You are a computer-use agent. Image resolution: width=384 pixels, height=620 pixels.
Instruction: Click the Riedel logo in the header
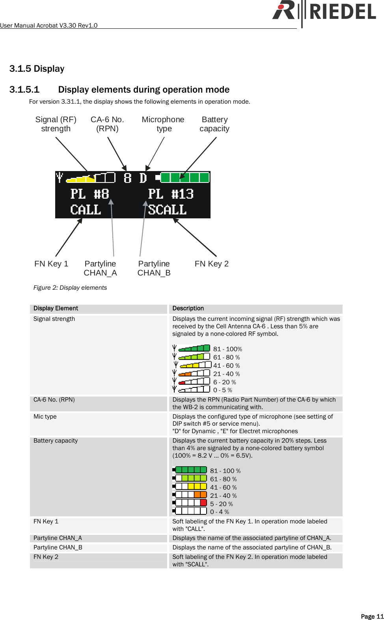click(x=324, y=11)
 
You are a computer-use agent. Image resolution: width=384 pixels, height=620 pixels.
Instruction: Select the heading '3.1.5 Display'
click(x=37, y=69)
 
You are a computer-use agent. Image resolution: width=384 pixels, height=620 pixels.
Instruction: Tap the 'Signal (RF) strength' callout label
click(x=56, y=124)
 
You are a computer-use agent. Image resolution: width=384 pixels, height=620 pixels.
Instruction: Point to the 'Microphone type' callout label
click(x=163, y=124)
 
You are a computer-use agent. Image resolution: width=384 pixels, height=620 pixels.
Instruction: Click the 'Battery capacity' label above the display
click(x=214, y=124)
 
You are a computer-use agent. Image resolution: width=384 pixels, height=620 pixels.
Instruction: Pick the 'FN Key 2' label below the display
click(x=212, y=264)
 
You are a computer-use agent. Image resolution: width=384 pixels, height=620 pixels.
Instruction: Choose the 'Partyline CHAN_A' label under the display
click(x=101, y=268)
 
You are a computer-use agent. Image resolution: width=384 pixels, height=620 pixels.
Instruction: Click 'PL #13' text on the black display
click(x=171, y=194)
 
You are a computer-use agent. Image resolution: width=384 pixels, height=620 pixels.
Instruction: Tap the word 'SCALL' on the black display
click(x=167, y=210)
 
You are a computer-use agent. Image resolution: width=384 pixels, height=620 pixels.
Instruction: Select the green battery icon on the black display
click(x=183, y=178)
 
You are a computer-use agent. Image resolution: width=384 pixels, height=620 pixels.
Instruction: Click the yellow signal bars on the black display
click(x=81, y=179)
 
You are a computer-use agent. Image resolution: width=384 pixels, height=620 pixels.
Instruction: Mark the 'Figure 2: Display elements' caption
click(x=70, y=288)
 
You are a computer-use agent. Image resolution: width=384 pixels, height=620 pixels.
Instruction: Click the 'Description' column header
click(x=188, y=308)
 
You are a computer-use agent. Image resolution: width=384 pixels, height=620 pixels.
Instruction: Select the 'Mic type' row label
click(x=45, y=417)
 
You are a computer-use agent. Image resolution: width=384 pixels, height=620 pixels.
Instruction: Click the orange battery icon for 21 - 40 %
click(x=190, y=495)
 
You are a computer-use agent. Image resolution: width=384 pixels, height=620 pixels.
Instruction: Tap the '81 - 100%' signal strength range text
click(x=227, y=349)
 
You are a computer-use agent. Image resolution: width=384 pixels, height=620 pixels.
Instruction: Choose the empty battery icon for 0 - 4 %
click(x=190, y=511)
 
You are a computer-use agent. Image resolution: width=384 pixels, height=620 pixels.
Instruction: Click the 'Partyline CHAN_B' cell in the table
click(x=58, y=547)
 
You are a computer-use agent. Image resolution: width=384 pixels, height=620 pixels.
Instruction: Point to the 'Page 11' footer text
click(x=372, y=616)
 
